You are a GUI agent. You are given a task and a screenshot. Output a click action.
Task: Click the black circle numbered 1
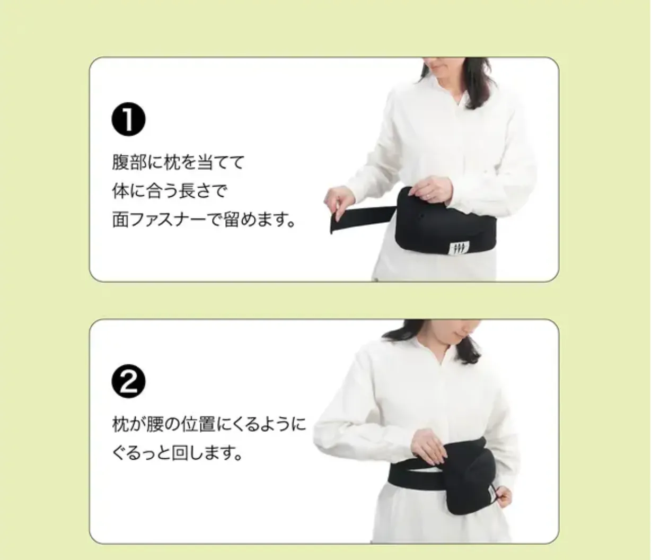point(128,120)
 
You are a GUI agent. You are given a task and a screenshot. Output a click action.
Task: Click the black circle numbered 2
point(128,382)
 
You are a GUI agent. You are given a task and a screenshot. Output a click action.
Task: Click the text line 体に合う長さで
point(170,191)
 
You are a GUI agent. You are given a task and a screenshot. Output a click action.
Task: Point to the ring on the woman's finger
point(428,196)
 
